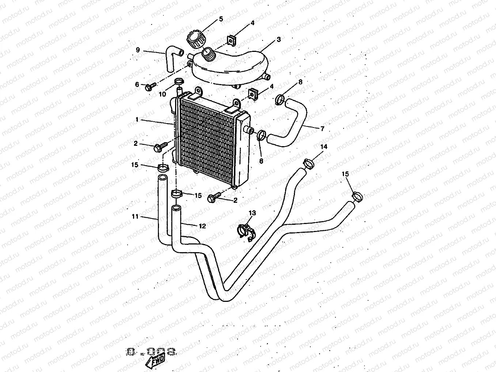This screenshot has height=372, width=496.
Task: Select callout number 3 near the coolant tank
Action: coord(279,39)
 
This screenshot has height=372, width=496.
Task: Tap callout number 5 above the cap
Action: coord(221,19)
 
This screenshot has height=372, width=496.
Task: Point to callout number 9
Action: coord(138,50)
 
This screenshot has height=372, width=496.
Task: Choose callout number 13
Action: coord(253,213)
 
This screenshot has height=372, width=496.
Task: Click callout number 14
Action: coord(324,147)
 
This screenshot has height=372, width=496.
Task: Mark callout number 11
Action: coord(135,217)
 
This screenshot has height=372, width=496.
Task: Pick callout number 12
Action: coord(202,226)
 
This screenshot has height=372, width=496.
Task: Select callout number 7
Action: coord(322,129)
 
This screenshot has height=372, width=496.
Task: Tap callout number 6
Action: coord(137,84)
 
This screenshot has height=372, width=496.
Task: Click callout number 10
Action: coord(162,94)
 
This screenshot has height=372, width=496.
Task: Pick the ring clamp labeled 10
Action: coord(179,81)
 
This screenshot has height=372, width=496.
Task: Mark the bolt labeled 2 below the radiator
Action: coord(213,198)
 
